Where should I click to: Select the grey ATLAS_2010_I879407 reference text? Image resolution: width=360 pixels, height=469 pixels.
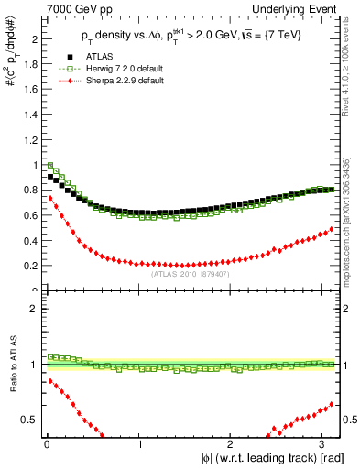191,273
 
